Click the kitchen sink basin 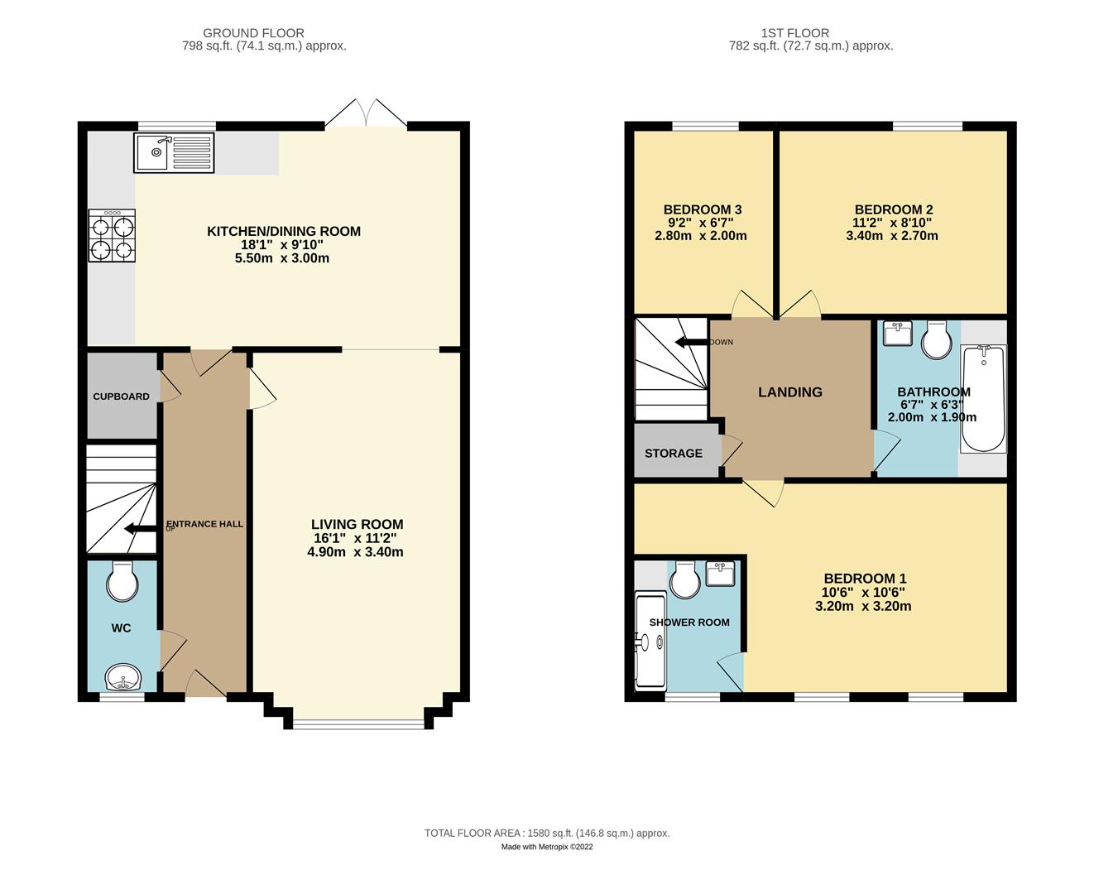click(x=151, y=152)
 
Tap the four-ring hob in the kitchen click(x=112, y=235)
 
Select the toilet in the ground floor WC click(x=122, y=582)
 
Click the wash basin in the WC click(x=123, y=677)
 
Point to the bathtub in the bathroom click(x=983, y=398)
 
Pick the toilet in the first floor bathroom click(x=937, y=340)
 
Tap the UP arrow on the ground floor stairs click(x=140, y=529)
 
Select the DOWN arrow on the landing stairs click(x=692, y=342)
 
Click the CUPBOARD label click(x=121, y=397)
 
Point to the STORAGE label click(x=674, y=453)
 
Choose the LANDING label click(x=790, y=392)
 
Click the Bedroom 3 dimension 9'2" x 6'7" click(x=700, y=223)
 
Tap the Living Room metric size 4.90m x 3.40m click(x=355, y=551)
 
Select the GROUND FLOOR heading click(x=254, y=32)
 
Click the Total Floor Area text click(x=547, y=833)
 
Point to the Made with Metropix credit click(x=547, y=847)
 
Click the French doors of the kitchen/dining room click(x=367, y=112)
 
